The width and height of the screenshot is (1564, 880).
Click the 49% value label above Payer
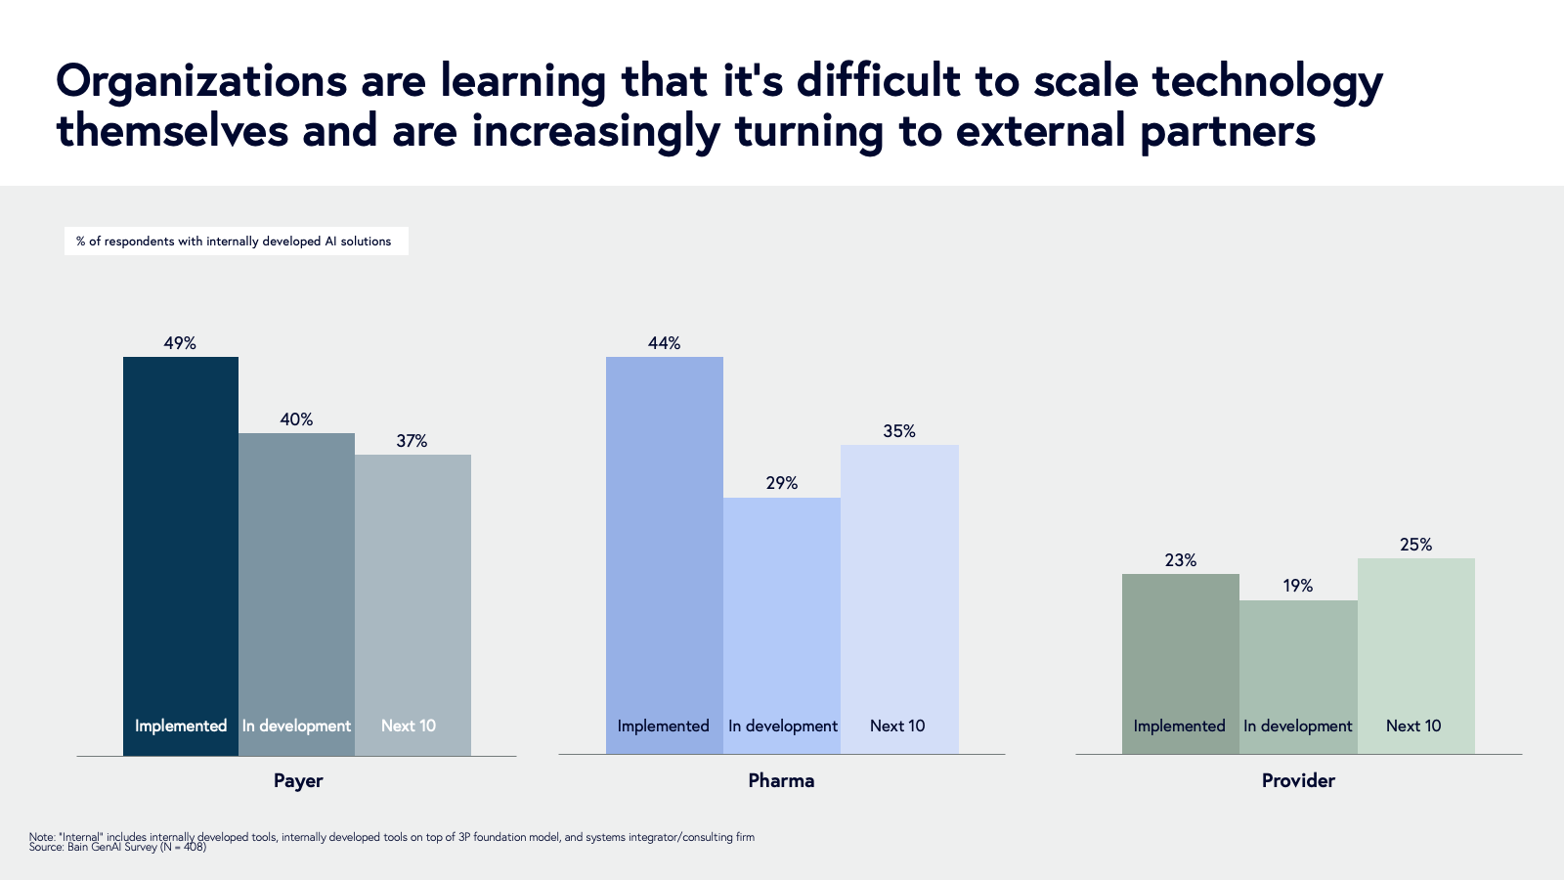[180, 343]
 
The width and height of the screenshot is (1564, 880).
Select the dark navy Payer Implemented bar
[181, 548]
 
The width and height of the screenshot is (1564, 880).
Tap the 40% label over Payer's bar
[296, 419]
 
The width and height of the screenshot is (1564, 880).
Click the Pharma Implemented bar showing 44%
[664, 548]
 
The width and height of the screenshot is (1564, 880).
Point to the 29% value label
[782, 483]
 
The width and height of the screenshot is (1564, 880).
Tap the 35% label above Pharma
[899, 431]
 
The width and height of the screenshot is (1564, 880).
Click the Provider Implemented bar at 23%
[1180, 655]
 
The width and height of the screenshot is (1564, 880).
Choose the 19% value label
[1298, 586]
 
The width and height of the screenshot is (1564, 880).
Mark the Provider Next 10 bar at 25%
[1415, 645]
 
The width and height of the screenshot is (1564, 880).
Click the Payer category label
[298, 780]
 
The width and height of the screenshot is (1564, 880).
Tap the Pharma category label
[781, 780]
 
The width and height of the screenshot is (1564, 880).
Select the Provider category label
[1298, 780]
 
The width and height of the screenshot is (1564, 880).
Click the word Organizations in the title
[201, 82]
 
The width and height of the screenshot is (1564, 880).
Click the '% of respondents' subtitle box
[236, 242]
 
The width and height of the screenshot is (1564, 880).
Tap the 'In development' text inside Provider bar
[1298, 726]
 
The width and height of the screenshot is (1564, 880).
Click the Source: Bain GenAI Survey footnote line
[117, 847]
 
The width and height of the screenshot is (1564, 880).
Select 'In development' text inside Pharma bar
[783, 726]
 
